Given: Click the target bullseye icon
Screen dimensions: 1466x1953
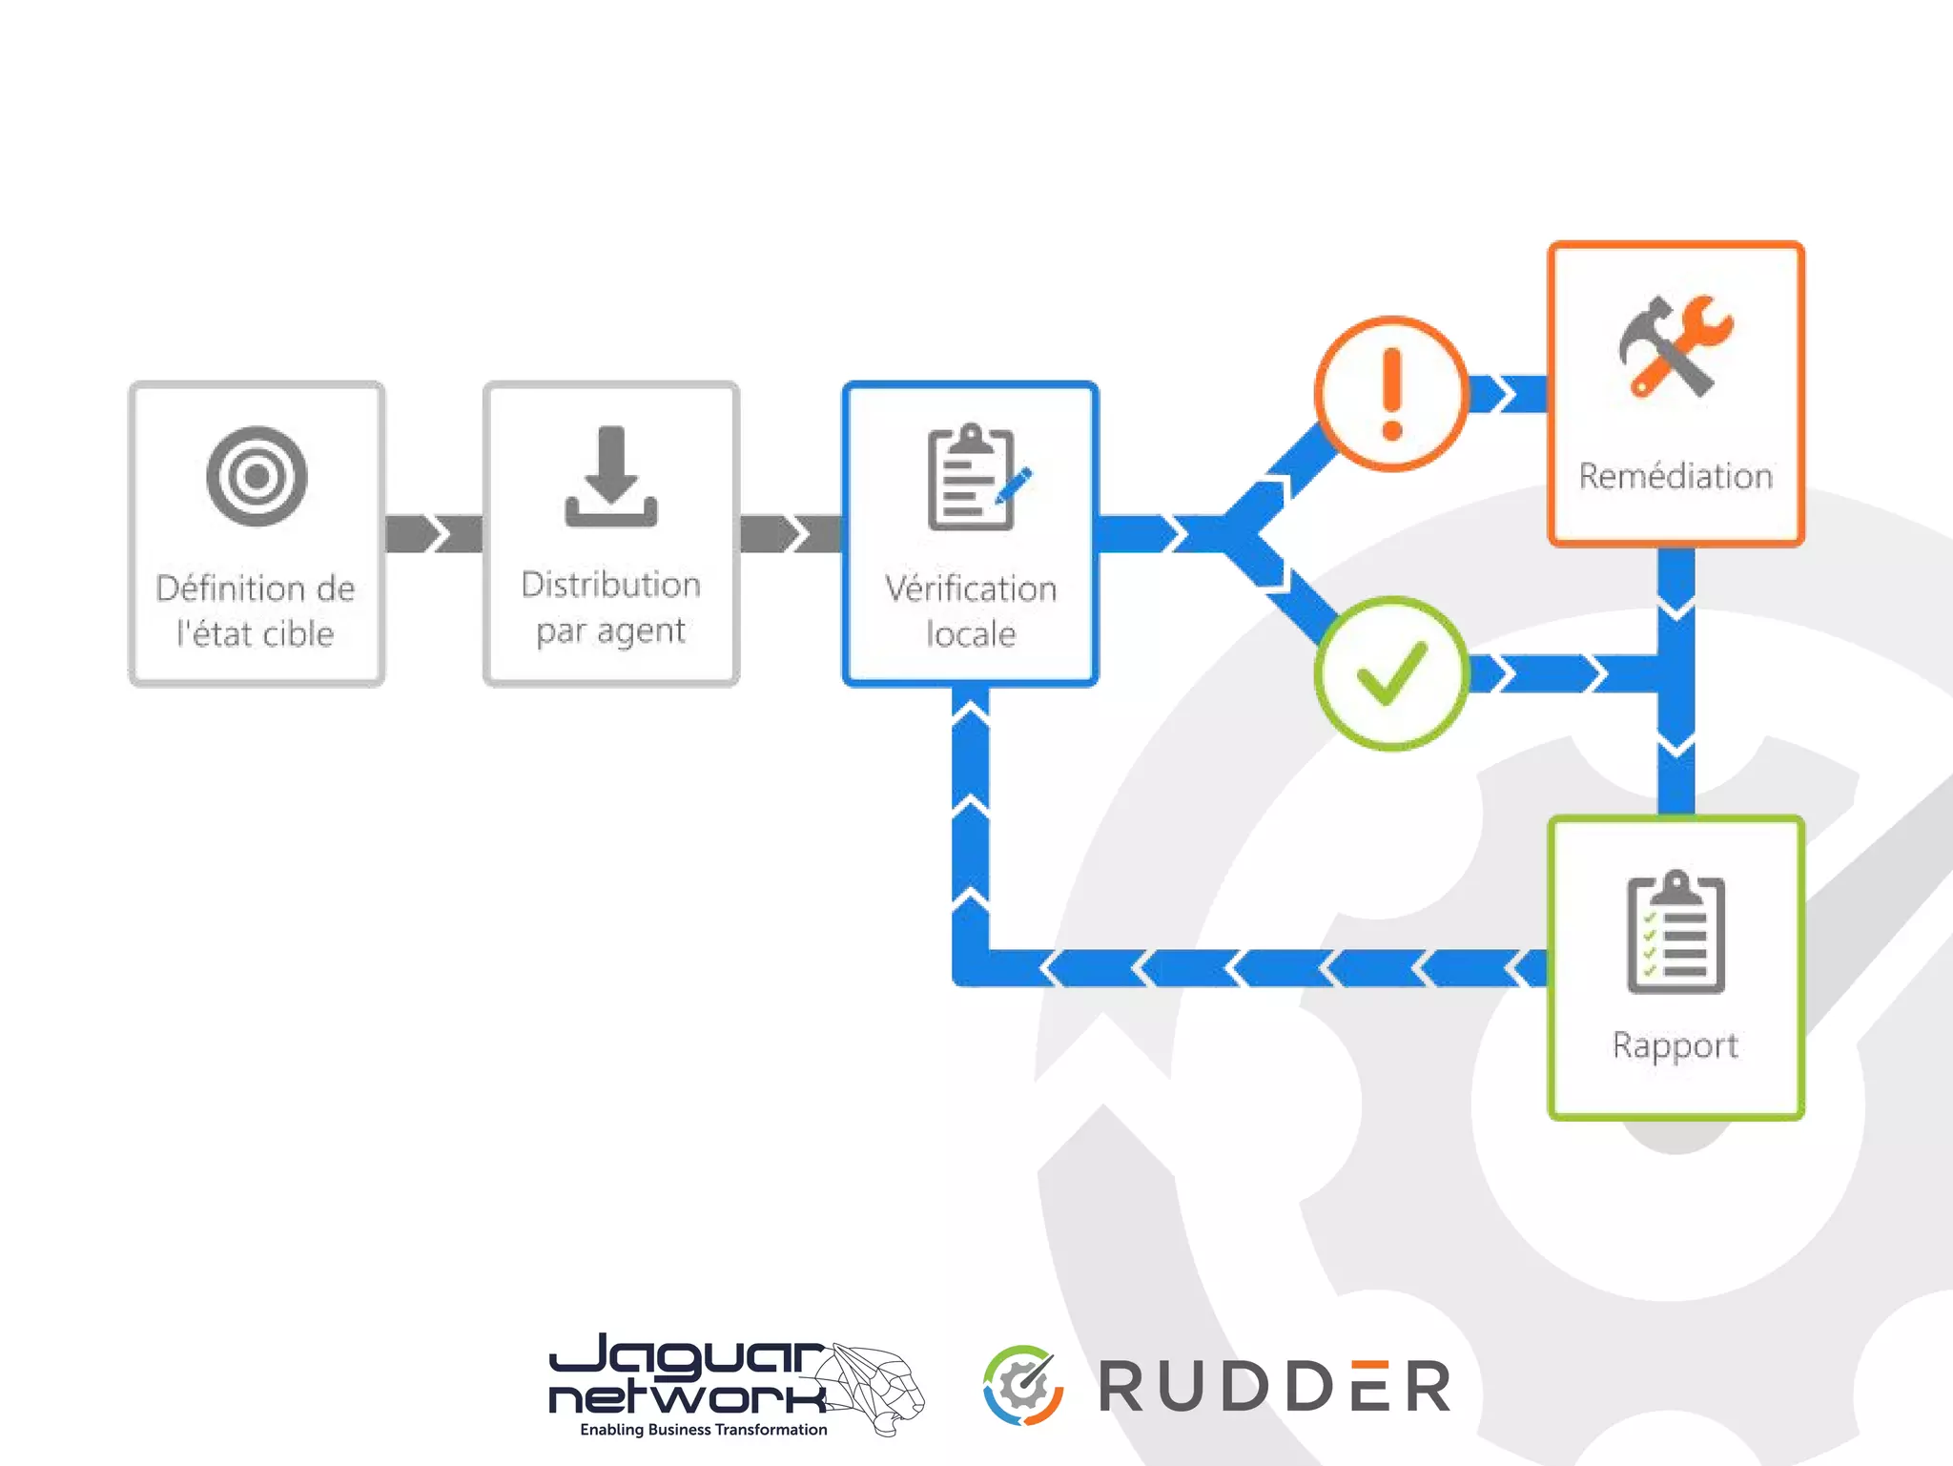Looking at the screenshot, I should [257, 476].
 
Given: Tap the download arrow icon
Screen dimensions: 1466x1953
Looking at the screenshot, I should [611, 476].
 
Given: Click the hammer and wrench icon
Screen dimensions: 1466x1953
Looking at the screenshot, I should [1675, 345].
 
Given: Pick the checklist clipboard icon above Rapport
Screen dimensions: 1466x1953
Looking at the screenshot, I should [1675, 932].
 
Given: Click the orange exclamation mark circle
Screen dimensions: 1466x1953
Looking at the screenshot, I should [1391, 393].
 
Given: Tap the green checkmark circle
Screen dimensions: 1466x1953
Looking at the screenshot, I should [1391, 673].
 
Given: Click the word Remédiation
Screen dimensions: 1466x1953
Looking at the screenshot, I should [1675, 476].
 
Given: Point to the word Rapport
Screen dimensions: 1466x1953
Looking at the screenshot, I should [1675, 1045].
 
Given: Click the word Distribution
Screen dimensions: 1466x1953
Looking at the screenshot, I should [611, 585].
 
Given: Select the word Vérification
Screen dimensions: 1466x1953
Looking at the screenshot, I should [971, 588].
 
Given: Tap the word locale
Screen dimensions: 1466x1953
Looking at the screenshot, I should [971, 634].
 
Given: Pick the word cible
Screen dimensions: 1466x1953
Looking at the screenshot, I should [298, 634].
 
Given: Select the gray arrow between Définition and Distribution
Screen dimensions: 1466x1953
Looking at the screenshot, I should [434, 533].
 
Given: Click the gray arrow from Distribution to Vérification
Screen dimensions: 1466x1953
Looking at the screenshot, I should [791, 533].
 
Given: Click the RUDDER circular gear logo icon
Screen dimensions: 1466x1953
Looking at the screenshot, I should [1023, 1385].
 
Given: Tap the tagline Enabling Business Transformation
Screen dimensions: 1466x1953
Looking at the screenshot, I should [704, 1430].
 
